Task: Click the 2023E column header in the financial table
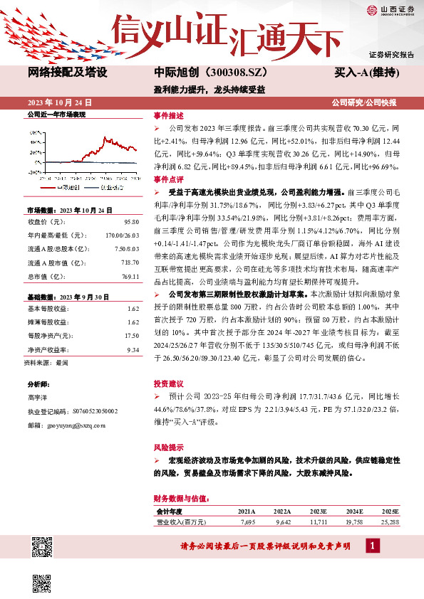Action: [x=319, y=511]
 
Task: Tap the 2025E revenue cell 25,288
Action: [x=390, y=521]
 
